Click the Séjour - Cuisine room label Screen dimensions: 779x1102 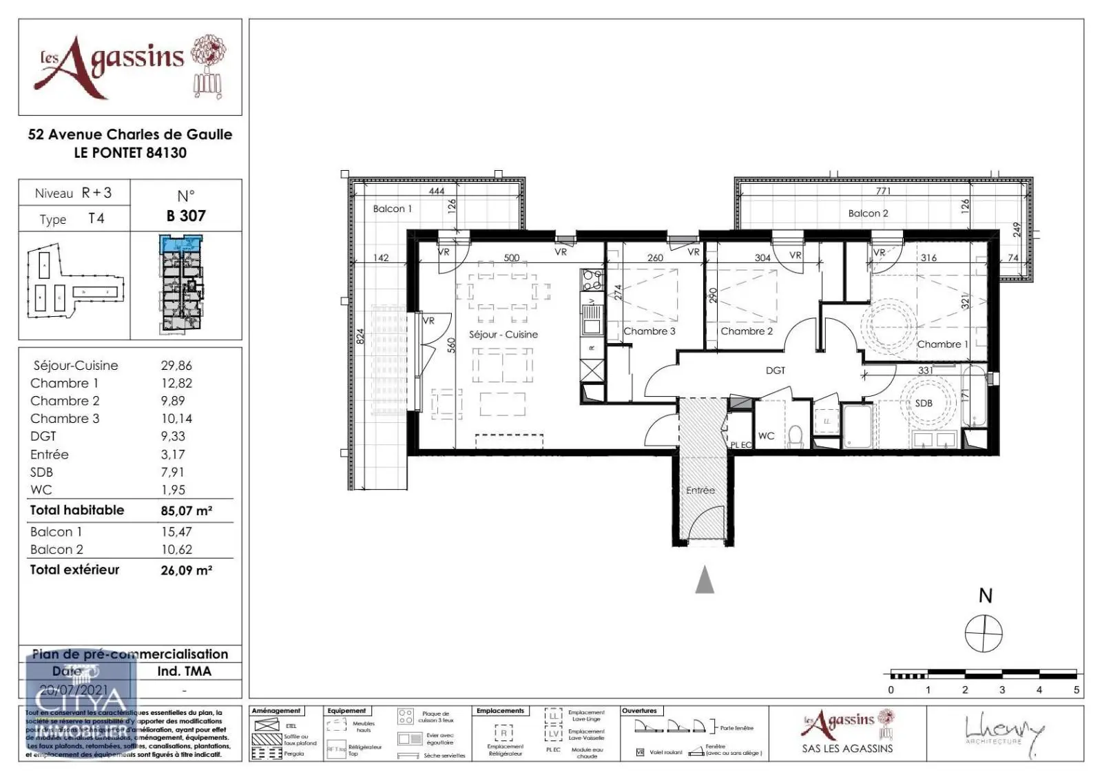503,334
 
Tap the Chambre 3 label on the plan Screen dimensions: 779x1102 649,331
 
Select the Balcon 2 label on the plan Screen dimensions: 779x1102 868,214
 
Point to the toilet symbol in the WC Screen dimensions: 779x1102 796,436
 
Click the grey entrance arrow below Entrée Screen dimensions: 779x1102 704,580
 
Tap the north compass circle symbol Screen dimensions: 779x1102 984,632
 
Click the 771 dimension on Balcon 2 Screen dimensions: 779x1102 883,191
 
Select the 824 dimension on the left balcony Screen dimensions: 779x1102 360,337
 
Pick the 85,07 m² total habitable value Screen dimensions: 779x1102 186,511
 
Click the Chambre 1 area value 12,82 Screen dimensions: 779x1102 176,383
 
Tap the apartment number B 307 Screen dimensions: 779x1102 186,216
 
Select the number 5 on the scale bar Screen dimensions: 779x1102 1076,689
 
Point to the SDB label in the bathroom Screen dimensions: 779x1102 924,403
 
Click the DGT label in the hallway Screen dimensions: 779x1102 776,371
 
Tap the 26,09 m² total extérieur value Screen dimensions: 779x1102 186,570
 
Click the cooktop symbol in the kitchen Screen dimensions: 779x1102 591,279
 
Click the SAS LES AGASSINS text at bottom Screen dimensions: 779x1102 847,749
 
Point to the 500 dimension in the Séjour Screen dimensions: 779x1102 511,258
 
